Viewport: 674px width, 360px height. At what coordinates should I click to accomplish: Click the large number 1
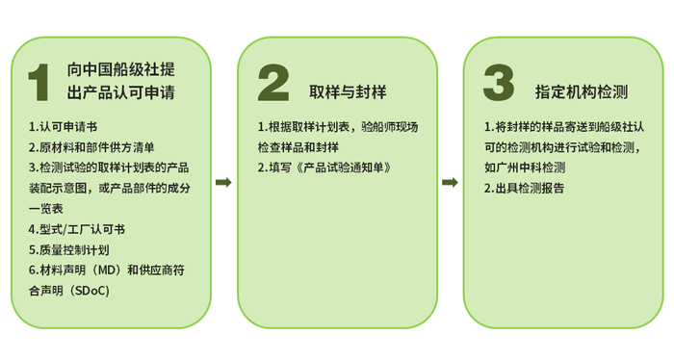[x=39, y=83]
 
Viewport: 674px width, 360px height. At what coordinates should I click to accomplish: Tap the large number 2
[x=273, y=83]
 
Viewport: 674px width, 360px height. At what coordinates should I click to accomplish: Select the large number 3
[x=499, y=83]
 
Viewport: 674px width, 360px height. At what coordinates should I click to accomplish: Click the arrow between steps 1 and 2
[x=223, y=182]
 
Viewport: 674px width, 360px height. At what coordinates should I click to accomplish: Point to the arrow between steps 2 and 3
[x=450, y=182]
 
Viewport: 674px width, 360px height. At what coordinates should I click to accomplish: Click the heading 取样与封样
[x=348, y=92]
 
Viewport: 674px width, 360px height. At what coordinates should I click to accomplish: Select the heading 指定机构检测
[x=582, y=92]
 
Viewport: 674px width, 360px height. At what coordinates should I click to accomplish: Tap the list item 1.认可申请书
[x=64, y=127]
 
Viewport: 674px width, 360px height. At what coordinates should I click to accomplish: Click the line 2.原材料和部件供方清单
[x=91, y=147]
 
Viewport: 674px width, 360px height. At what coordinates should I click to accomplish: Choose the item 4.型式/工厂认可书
[x=77, y=229]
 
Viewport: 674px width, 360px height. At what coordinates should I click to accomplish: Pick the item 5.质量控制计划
[x=69, y=249]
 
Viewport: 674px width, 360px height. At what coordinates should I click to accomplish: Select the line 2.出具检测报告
[x=524, y=188]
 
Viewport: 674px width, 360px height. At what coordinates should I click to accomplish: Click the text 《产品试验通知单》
[x=343, y=167]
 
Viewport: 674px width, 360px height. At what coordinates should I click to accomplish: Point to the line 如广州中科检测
[x=525, y=167]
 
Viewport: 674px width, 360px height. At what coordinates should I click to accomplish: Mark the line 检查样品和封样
[x=298, y=147]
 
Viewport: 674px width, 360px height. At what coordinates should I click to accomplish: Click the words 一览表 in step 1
[x=46, y=209]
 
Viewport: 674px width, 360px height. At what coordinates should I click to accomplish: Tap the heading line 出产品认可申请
[x=120, y=92]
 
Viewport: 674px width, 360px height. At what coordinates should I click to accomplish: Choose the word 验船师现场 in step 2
[x=389, y=127]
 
